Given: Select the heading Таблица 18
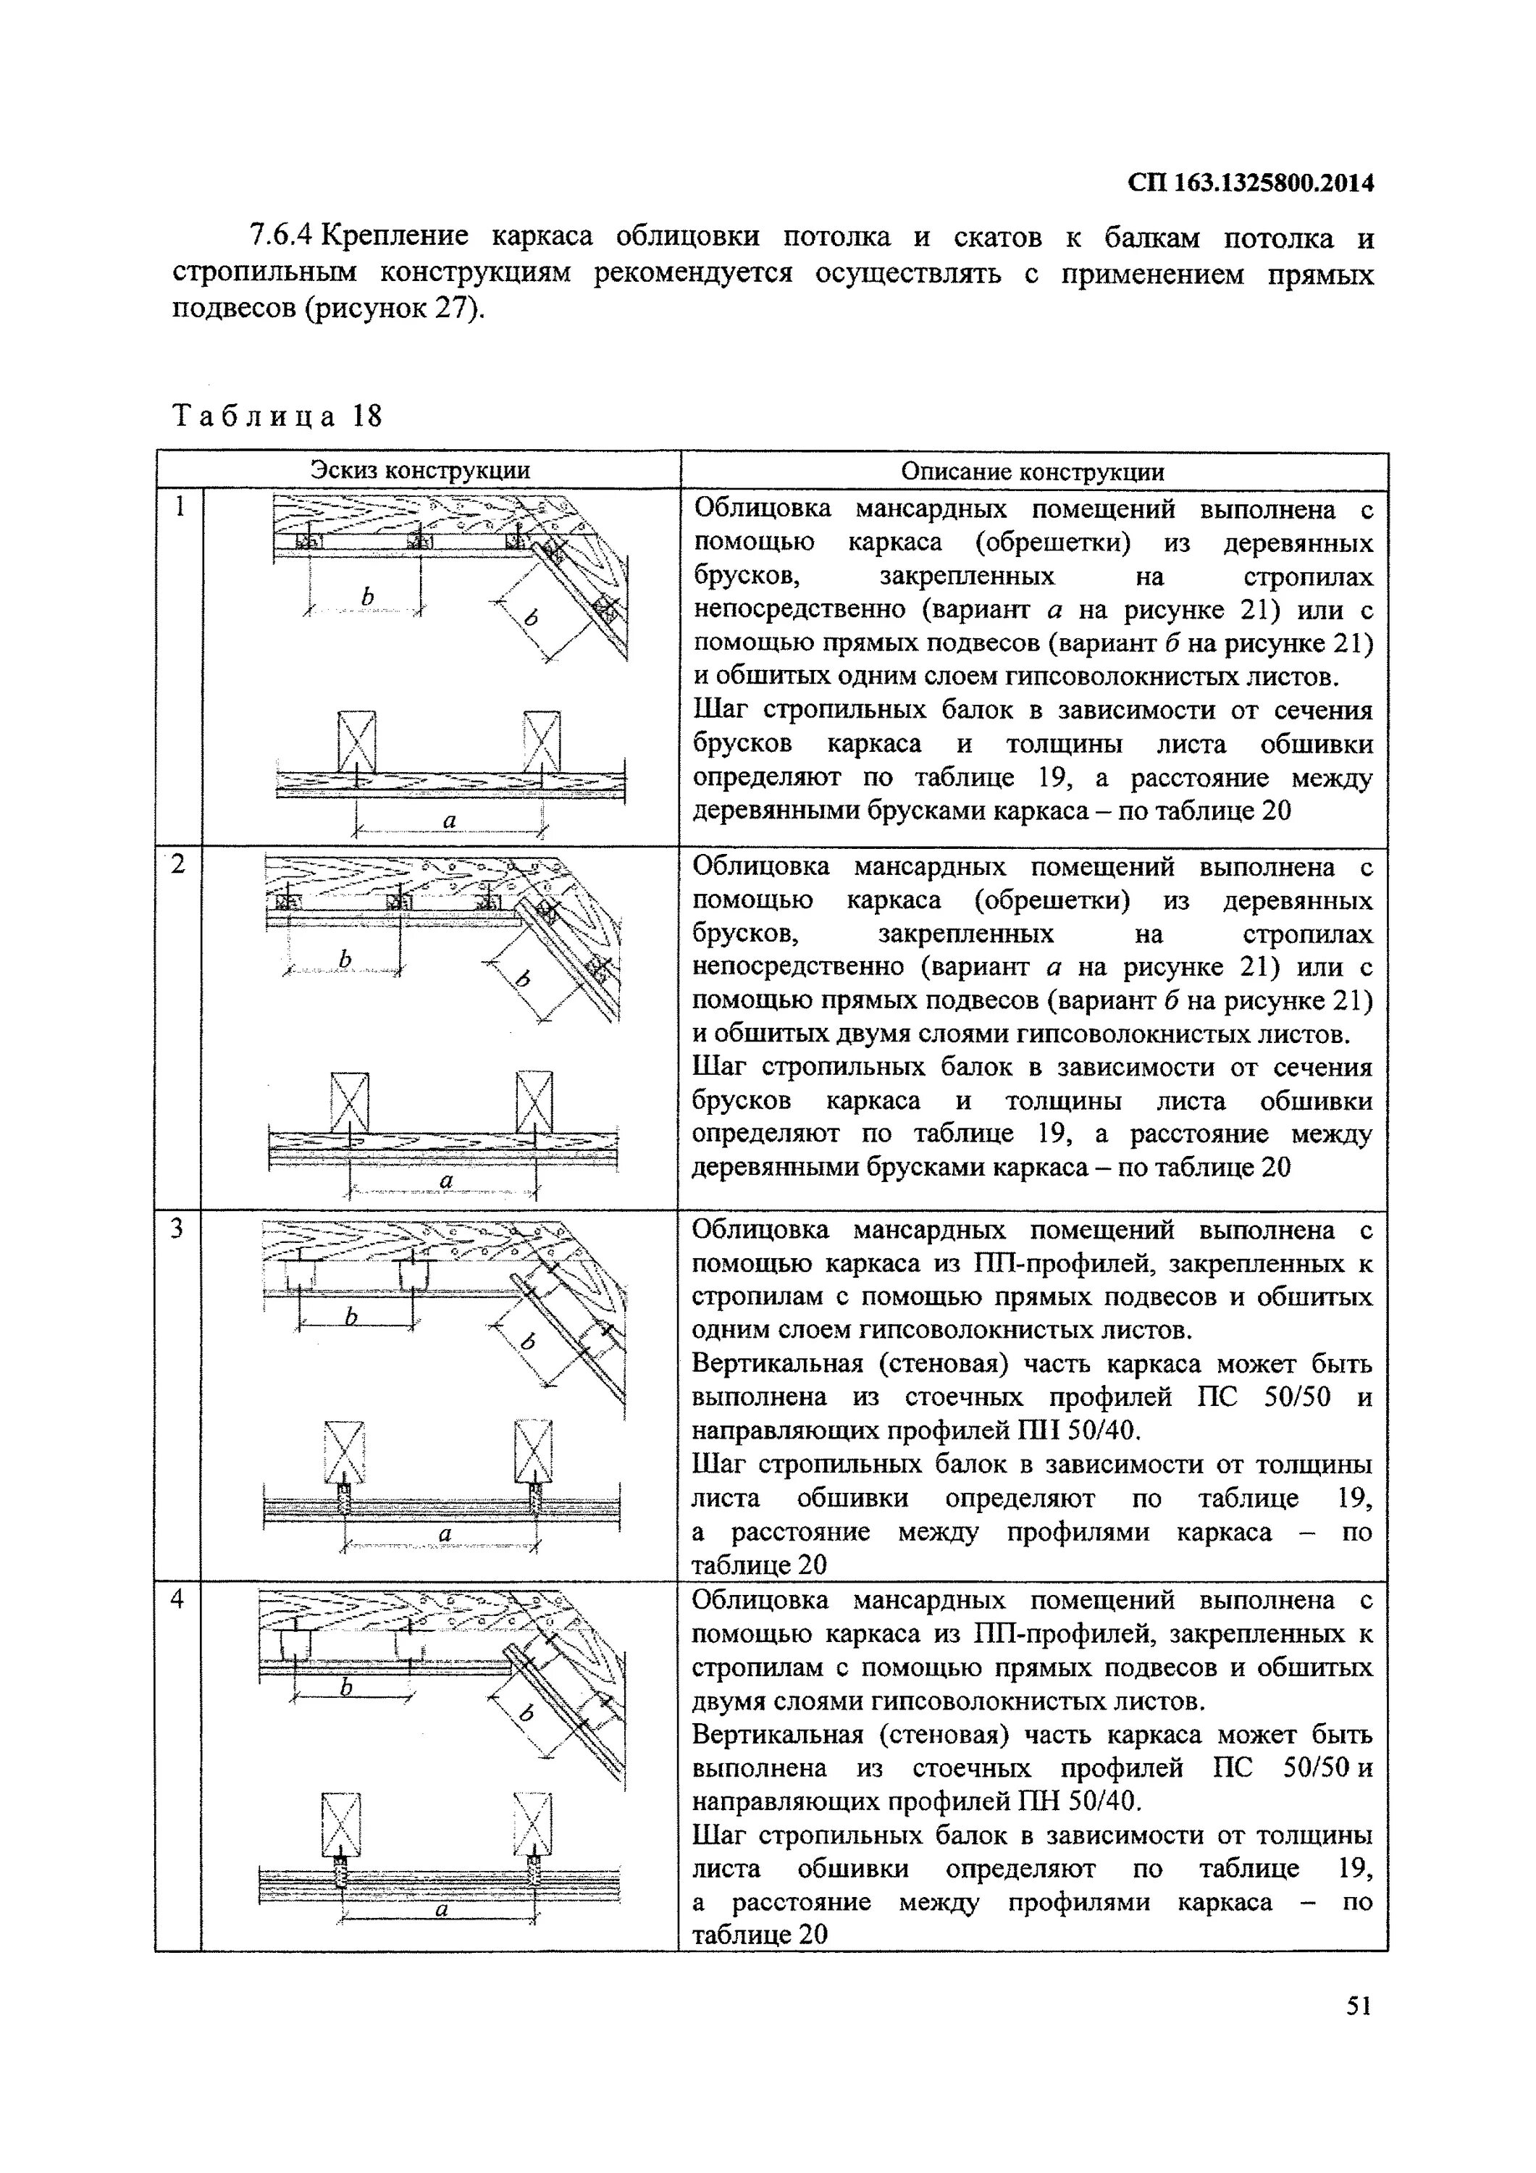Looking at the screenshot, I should (277, 416).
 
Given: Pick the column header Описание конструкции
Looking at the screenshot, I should (1033, 472).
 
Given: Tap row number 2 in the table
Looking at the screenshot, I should (178, 864).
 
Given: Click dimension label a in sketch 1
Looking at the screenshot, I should (450, 821).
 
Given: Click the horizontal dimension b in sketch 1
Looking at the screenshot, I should (367, 596).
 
